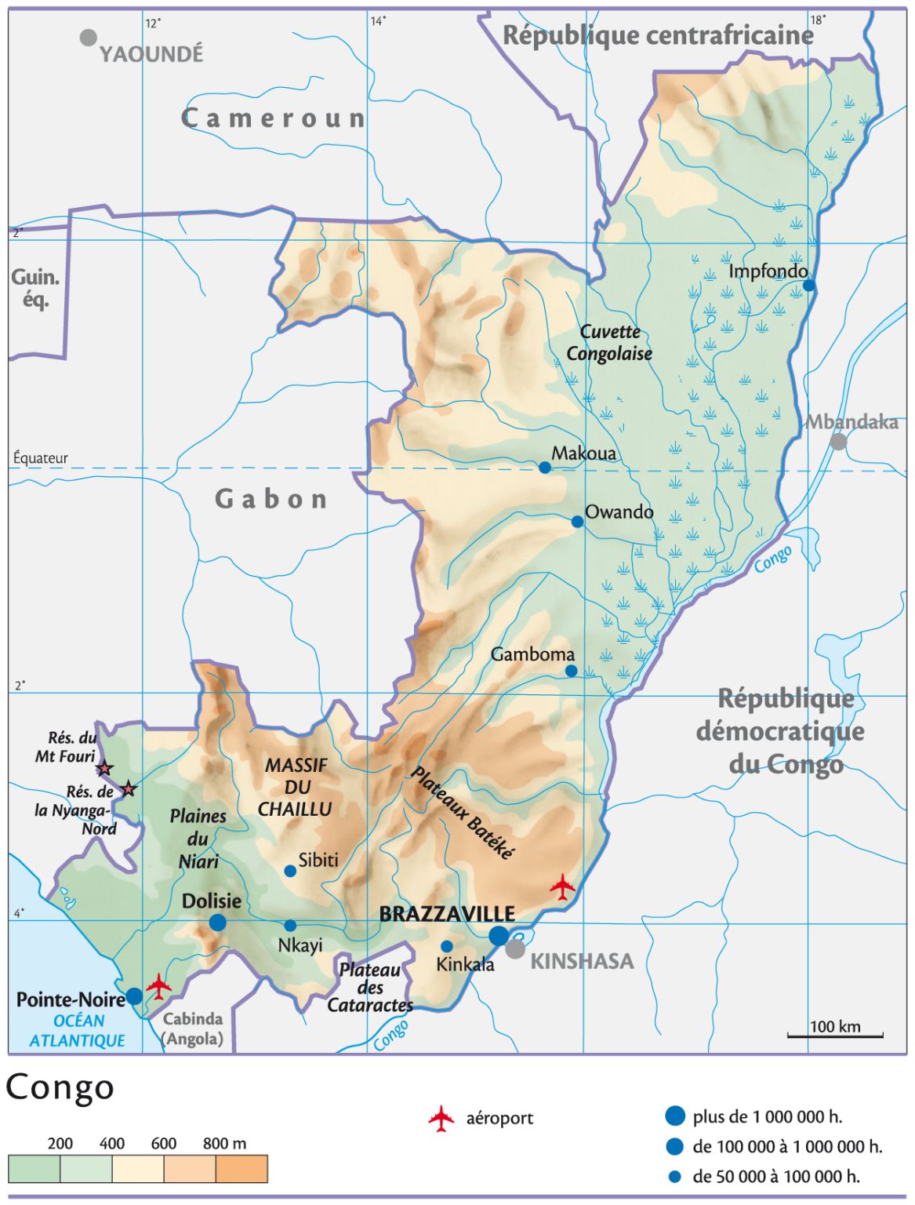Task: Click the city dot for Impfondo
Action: click(808, 286)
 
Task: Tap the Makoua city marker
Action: click(545, 468)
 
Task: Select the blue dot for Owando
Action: click(577, 522)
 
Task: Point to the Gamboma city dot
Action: click(571, 671)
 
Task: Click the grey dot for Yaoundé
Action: click(89, 37)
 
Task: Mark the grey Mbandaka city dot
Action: click(838, 442)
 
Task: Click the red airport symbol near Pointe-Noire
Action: click(158, 986)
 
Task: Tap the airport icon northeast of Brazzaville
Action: click(562, 886)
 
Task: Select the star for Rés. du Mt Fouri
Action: click(104, 768)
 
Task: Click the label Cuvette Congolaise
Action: click(609, 343)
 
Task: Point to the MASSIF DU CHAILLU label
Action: click(296, 787)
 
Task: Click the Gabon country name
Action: click(271, 499)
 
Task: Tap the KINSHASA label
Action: click(582, 961)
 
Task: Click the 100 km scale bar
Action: click(835, 1036)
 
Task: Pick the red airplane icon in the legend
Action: click(441, 1119)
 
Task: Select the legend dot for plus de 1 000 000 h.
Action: click(675, 1116)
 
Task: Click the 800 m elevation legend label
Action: click(224, 1143)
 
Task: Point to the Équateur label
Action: click(41, 458)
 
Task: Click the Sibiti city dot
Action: click(290, 871)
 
